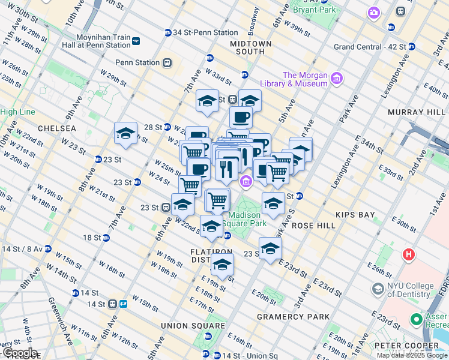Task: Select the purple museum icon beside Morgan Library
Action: coord(336,79)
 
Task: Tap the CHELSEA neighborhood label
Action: coord(56,128)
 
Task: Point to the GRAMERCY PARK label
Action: coord(293,316)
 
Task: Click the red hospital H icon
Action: coord(409,254)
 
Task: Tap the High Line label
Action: coord(17,112)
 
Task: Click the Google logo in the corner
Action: coord(20,353)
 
